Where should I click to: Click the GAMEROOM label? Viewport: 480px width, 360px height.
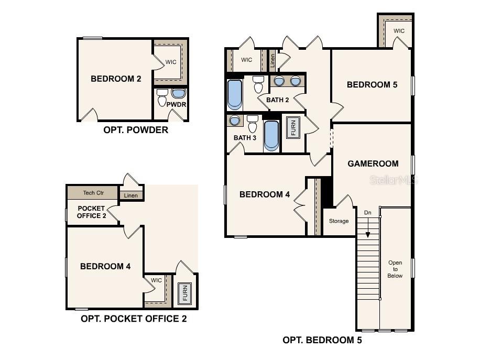tap(373, 164)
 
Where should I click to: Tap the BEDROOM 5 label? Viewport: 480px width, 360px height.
tap(372, 84)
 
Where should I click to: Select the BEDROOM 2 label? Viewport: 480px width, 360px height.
tap(116, 79)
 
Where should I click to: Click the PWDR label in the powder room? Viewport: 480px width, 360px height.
tap(176, 104)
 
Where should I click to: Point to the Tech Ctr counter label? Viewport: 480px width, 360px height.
tap(93, 192)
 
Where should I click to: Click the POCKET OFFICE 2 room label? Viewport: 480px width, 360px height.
tap(91, 212)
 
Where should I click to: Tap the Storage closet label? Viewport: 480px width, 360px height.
tap(339, 221)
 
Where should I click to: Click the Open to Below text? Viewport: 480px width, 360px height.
tap(395, 269)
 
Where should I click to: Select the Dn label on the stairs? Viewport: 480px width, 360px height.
tap(368, 212)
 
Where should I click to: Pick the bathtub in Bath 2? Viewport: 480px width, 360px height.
tap(235, 95)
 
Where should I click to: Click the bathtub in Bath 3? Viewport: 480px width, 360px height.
tap(271, 136)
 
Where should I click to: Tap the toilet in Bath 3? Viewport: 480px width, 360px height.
tap(253, 123)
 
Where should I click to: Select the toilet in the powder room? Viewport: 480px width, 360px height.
tap(162, 97)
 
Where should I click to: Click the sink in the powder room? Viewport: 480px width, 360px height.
tap(179, 93)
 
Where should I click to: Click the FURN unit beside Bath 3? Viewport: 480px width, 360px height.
tap(293, 127)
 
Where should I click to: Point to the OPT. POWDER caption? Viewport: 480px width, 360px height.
tap(136, 130)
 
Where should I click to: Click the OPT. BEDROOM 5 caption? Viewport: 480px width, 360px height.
tap(322, 340)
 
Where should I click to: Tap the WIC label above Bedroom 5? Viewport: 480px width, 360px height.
tap(399, 31)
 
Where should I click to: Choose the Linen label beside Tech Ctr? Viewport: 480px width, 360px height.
tap(130, 195)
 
